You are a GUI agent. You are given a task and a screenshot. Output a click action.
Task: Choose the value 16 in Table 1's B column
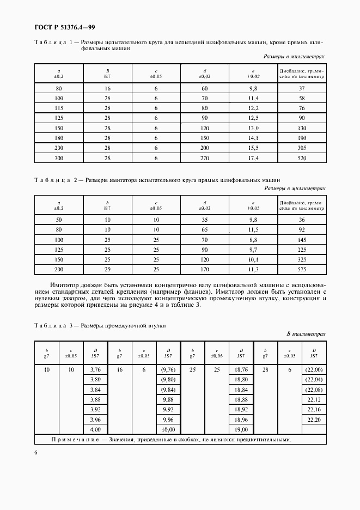coord(107,88)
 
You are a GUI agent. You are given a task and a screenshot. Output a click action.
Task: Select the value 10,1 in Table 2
coord(253,259)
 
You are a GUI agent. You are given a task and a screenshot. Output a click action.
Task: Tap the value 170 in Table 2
coord(205,269)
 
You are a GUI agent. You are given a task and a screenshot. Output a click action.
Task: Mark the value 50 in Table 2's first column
coord(59,220)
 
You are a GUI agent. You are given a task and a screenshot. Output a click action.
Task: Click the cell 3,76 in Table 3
coord(95,369)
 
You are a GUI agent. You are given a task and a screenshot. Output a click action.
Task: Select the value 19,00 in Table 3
coord(241,430)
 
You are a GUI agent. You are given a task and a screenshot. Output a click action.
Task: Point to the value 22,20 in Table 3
coord(314,420)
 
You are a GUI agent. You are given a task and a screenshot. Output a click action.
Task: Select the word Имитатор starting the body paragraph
coord(64,285)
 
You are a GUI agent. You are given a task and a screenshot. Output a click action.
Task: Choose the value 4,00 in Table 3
coord(95,430)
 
